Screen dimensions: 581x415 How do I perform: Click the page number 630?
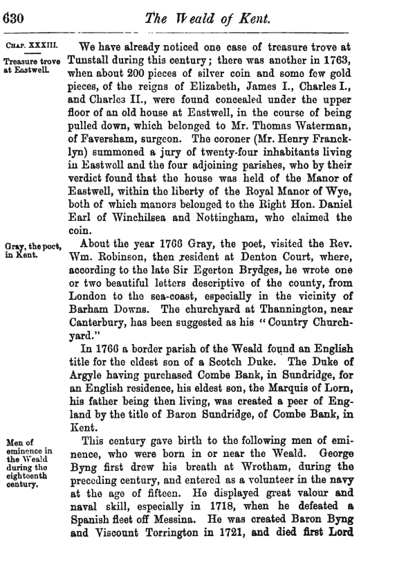click(13, 19)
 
